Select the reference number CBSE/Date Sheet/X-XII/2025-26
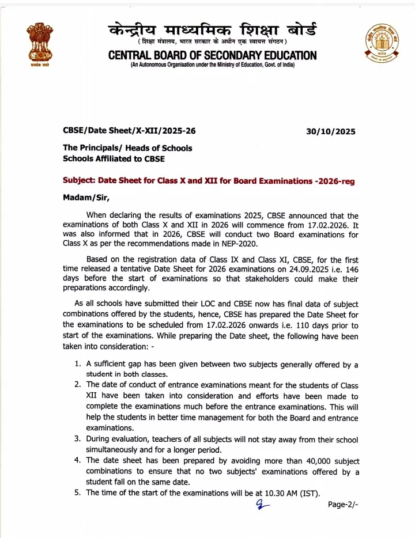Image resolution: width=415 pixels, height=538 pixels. [x=129, y=131]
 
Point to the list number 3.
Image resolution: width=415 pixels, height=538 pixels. [x=77, y=440]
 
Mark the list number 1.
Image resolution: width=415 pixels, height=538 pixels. [x=77, y=364]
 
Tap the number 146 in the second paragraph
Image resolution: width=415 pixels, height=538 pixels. [x=350, y=268]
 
